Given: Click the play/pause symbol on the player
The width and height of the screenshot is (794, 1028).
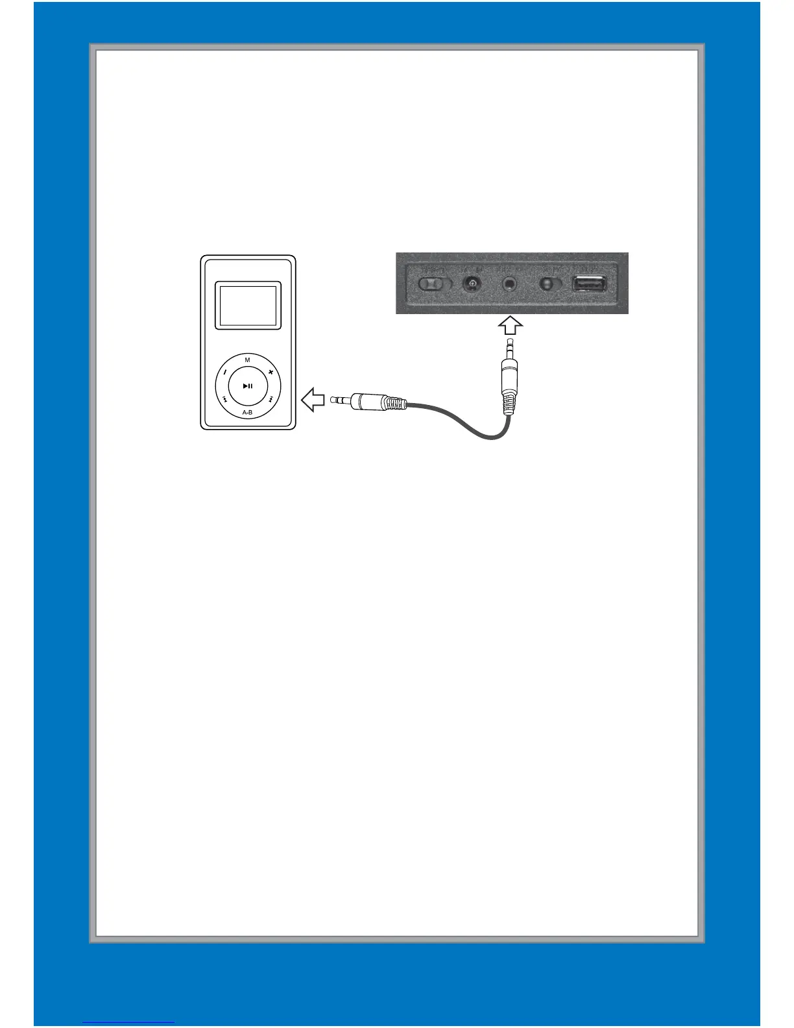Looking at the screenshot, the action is (248, 386).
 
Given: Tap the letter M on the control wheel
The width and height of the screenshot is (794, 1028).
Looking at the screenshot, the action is (247, 360).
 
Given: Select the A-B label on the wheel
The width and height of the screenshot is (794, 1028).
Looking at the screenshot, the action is (247, 413).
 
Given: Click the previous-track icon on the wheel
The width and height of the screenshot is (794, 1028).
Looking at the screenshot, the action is (224, 399).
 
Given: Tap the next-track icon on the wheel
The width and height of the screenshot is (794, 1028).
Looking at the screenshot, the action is (271, 399).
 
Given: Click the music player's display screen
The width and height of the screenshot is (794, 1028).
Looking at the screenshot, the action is (248, 305).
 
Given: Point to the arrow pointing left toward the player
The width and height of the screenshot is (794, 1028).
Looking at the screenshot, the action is (313, 400).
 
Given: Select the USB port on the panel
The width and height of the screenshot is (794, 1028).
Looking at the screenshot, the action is (590, 284).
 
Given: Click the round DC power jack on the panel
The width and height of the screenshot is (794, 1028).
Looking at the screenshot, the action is (472, 284).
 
